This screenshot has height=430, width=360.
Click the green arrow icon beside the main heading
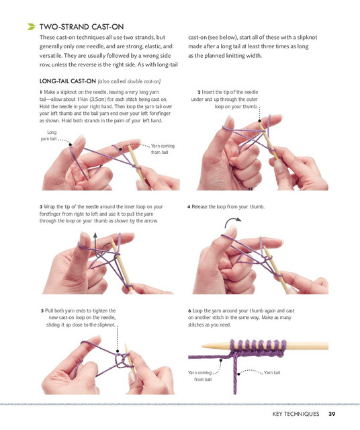[32, 27]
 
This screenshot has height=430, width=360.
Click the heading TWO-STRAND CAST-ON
[81, 27]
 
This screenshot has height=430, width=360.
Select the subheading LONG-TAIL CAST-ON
[67, 81]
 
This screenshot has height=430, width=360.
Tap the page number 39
[332, 414]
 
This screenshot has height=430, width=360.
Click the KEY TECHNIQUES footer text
[296, 414]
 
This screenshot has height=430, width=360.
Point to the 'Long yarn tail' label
[49, 136]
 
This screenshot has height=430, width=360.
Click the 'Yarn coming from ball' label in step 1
[163, 149]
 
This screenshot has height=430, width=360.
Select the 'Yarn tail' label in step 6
[272, 373]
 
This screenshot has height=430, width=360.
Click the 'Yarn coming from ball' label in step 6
[200, 376]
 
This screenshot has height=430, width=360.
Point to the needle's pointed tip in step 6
[203, 346]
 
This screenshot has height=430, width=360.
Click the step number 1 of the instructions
[40, 93]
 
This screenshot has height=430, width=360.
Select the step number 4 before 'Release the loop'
[189, 207]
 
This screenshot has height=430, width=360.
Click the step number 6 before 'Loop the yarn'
[189, 310]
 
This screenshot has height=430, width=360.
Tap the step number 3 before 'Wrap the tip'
[41, 207]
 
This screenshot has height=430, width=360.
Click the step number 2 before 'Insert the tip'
[199, 93]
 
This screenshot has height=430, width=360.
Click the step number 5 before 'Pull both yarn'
[42, 310]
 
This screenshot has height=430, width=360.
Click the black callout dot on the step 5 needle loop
[118, 351]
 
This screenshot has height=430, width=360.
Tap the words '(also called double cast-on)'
[129, 81]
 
